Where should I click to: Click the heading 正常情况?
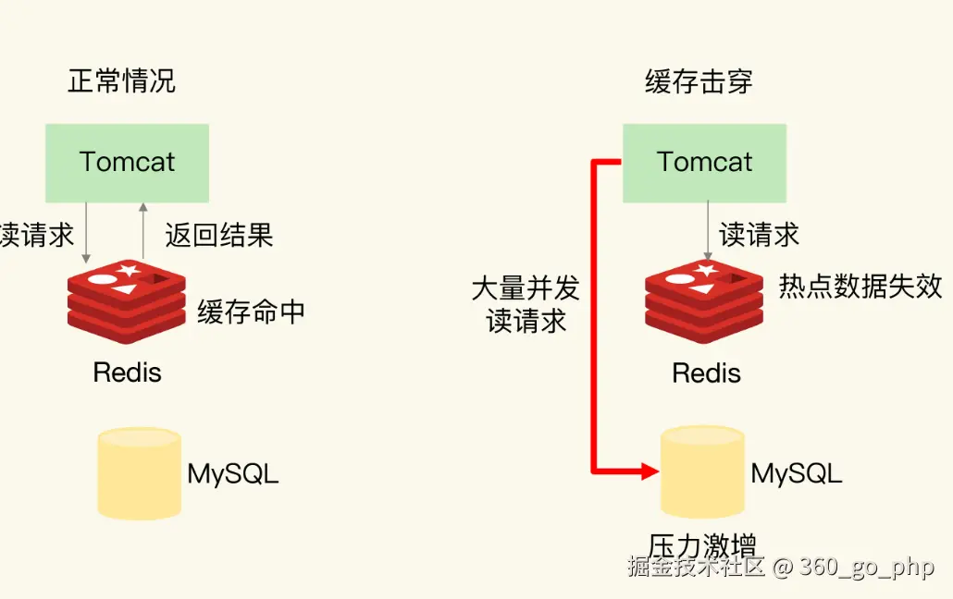121,81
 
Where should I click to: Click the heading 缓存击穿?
699,81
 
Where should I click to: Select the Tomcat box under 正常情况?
128,163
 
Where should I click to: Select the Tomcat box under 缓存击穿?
704,163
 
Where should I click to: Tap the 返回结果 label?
219,235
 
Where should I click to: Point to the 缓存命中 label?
251,312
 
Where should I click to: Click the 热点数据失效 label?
860,287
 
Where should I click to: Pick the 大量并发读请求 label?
526,304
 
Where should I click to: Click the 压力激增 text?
702,544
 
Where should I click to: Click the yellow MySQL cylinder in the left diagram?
139,472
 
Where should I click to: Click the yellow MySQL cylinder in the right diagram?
702,472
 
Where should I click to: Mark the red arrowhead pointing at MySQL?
649,471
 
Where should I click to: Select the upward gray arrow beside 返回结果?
143,231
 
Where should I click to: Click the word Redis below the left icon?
128,373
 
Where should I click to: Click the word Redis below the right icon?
706,373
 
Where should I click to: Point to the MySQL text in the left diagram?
232,474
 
